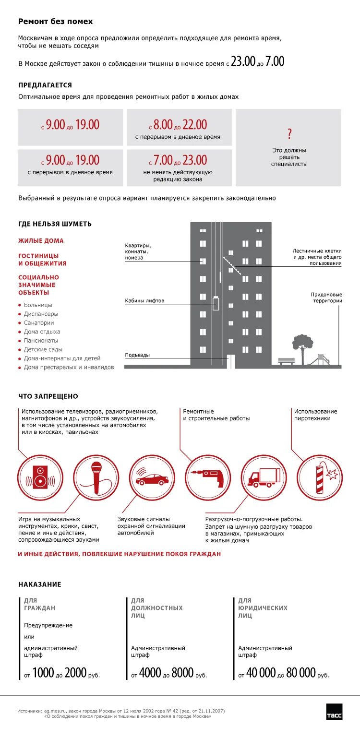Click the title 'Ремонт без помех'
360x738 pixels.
pyautogui.click(x=55, y=22)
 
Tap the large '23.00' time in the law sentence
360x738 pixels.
pyautogui.click(x=243, y=61)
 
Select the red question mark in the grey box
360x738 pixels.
pyautogui.click(x=289, y=134)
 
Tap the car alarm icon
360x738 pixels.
pyautogui.click(x=152, y=478)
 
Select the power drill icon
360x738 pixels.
pyautogui.click(x=208, y=477)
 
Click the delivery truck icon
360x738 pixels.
pyautogui.click(x=263, y=477)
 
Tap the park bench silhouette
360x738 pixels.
pyautogui.click(x=286, y=361)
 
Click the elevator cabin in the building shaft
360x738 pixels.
pyautogui.click(x=216, y=304)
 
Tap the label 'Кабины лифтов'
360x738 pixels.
pyautogui.click(x=144, y=301)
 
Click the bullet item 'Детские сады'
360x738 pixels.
pyautogui.click(x=43, y=349)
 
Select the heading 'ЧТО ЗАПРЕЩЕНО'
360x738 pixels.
pyautogui.click(x=48, y=396)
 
